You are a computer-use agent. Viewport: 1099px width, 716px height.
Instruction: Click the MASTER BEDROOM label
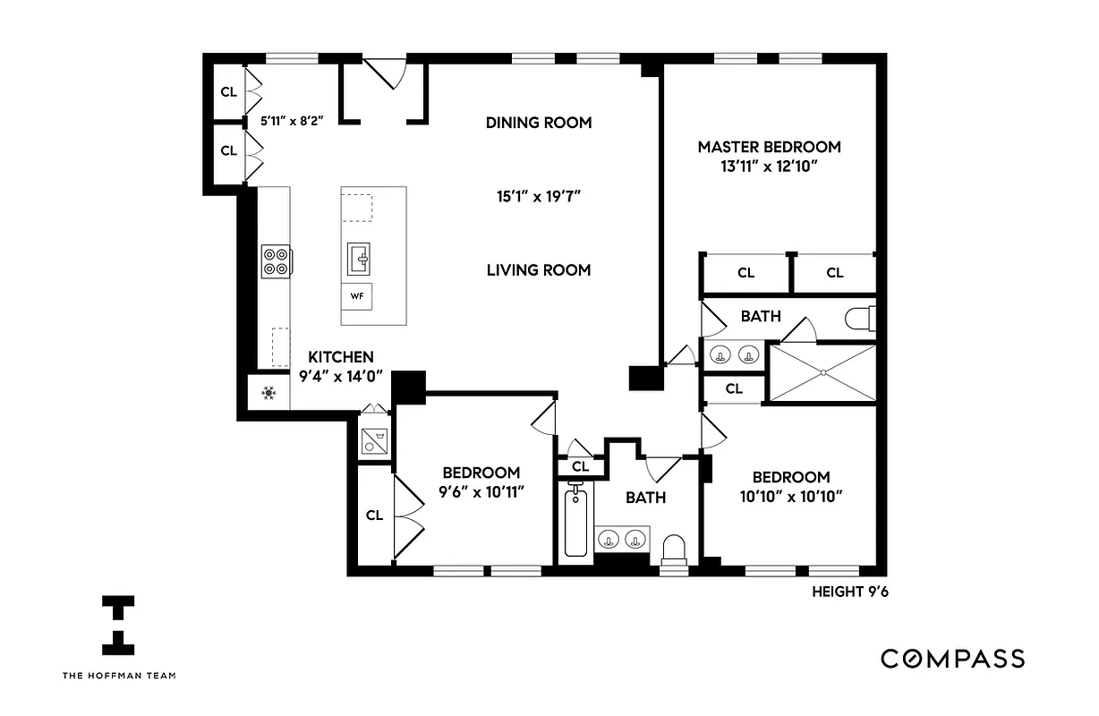click(770, 147)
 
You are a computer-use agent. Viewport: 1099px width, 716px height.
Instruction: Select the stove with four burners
click(276, 260)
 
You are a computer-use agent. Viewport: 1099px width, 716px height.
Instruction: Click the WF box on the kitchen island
click(356, 295)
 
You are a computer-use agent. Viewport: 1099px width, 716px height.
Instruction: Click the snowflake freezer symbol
click(268, 393)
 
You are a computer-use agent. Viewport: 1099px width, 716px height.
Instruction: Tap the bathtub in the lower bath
click(575, 520)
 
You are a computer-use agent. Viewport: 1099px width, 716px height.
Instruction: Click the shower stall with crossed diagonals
click(822, 372)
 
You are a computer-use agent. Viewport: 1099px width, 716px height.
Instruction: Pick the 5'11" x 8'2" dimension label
click(291, 119)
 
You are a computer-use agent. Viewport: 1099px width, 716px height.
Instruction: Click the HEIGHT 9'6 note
click(850, 592)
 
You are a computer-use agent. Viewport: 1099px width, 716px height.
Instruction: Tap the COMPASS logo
click(952, 659)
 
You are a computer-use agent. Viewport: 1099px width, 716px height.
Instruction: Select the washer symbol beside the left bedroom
click(374, 439)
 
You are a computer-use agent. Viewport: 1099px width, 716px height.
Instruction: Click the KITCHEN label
click(341, 357)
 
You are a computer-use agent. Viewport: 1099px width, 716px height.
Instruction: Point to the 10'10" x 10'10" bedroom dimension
click(790, 497)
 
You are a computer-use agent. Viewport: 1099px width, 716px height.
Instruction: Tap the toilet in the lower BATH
click(674, 550)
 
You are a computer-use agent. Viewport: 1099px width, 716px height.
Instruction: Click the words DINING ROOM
click(539, 123)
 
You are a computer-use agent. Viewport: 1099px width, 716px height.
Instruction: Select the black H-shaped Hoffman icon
click(118, 624)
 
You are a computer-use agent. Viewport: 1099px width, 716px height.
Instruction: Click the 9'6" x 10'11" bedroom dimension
click(481, 491)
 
